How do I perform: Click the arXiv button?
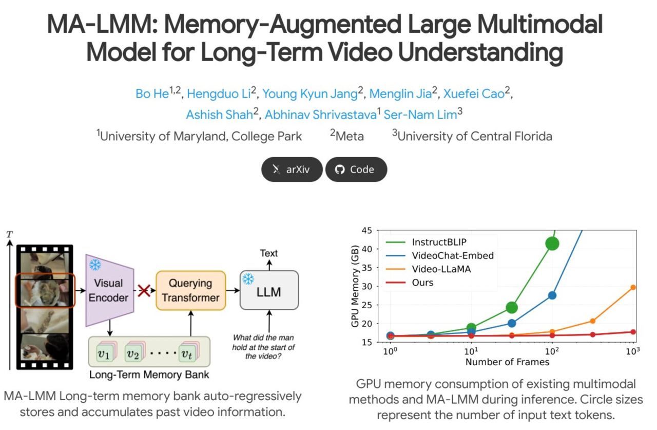pos(292,170)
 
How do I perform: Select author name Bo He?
pos(152,94)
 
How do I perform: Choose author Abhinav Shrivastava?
pos(320,115)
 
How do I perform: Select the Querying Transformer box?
pos(190,290)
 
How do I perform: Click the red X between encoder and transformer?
pos(144,290)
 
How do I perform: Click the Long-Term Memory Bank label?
pos(149,375)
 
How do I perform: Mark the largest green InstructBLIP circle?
pos(552,244)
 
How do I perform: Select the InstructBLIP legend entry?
pos(436,242)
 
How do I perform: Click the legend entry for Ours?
pos(422,283)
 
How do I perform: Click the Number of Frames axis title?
pos(507,362)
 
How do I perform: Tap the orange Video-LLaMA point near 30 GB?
pos(633,287)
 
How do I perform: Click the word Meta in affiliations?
pos(350,136)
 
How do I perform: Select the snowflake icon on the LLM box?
pos(248,279)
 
